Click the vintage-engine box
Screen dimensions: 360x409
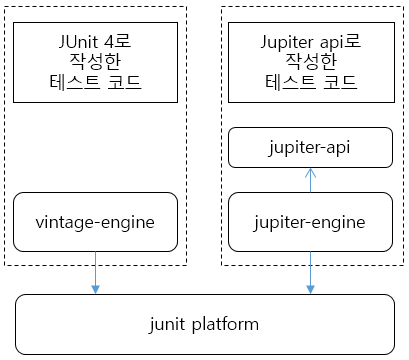95,222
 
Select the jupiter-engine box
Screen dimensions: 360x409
310,222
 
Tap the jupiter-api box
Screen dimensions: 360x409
310,148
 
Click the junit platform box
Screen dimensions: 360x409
204,324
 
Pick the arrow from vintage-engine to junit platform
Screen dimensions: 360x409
95,272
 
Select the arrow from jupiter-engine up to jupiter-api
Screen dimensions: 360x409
310,181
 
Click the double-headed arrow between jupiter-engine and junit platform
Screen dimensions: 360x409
310,273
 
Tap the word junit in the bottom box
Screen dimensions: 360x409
168,324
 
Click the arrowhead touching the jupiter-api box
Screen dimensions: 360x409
310,172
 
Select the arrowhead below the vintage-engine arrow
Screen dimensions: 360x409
95,290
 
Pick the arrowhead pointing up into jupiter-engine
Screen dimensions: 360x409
310,256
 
